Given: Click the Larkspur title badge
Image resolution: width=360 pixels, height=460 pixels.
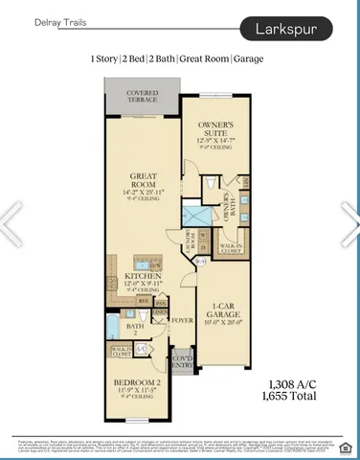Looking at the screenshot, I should pos(294,30).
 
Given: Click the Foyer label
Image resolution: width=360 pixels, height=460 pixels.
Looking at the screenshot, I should pos(180,320).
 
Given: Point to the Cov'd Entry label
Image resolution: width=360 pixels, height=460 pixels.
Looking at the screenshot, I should pos(181,362).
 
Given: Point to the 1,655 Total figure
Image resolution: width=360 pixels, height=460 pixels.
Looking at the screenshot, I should pos(289,393).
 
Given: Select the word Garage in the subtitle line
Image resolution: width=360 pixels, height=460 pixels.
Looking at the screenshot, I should pos(247,59).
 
